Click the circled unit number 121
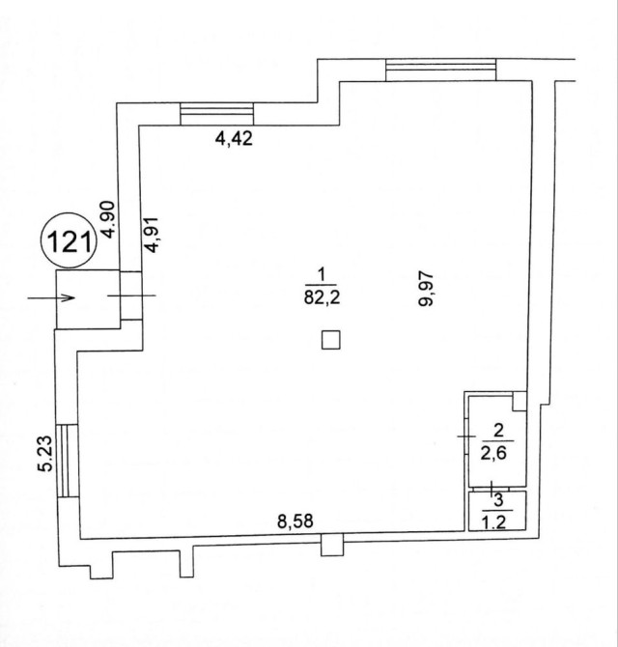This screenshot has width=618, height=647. (x=70, y=240)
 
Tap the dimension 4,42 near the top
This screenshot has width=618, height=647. (x=234, y=138)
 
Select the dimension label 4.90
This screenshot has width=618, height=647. (x=108, y=219)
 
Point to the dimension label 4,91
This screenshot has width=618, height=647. (x=153, y=235)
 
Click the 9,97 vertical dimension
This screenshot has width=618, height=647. (x=426, y=289)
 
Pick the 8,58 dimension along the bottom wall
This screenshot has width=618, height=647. (x=295, y=521)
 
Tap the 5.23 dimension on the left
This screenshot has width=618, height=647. (x=45, y=454)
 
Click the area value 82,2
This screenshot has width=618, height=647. (x=322, y=296)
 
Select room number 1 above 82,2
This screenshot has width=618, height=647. (x=322, y=275)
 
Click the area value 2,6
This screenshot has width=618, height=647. (x=493, y=453)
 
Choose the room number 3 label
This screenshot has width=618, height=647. (x=498, y=500)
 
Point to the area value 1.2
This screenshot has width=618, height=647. (x=493, y=522)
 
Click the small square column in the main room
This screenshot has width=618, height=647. (x=331, y=340)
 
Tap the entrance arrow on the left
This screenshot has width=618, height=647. (x=51, y=297)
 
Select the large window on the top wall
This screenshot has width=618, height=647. (x=440, y=70)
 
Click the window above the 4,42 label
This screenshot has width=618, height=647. (x=217, y=114)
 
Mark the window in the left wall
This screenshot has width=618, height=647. (x=67, y=461)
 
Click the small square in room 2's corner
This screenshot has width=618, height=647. (x=520, y=401)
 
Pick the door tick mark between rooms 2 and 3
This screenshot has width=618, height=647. (x=491, y=489)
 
